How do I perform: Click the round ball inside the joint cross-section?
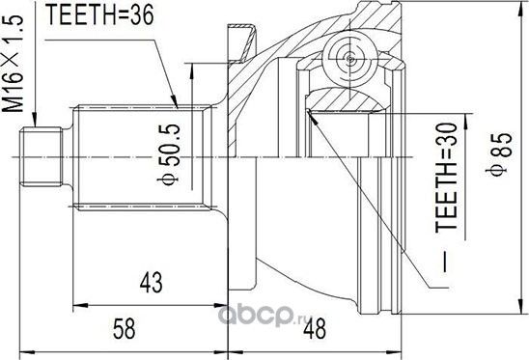345,53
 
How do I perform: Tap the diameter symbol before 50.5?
171,180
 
